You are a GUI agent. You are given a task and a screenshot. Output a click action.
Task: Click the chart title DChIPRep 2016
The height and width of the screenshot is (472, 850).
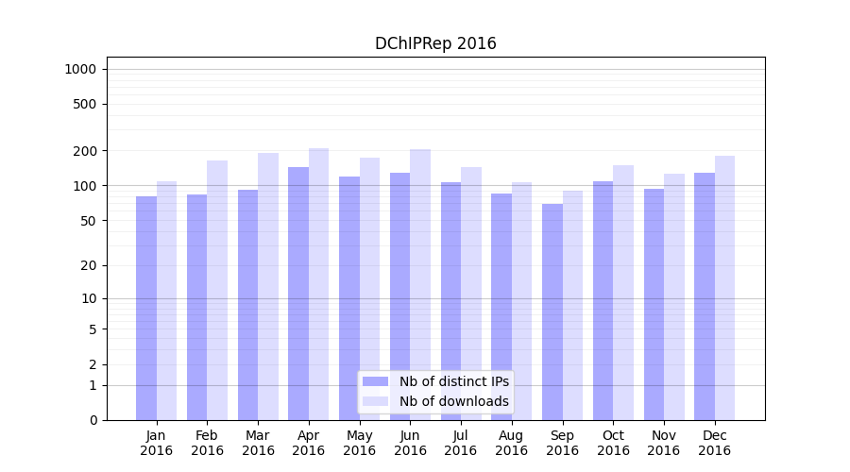click(x=435, y=43)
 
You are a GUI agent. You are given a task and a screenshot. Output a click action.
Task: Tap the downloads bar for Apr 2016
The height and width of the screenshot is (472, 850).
click(x=318, y=283)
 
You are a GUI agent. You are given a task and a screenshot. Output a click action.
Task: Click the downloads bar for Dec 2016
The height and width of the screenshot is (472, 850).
click(x=724, y=288)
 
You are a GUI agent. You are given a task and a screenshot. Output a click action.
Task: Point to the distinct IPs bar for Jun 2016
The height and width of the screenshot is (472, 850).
click(x=400, y=296)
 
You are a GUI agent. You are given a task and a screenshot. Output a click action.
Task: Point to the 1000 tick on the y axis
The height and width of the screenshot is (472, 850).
click(x=80, y=69)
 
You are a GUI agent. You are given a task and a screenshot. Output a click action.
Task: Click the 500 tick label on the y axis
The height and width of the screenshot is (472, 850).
click(x=86, y=104)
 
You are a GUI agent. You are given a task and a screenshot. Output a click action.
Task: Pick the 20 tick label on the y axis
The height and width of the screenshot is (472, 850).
click(x=89, y=265)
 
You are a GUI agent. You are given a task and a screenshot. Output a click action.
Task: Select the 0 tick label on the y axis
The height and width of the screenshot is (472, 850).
click(x=93, y=420)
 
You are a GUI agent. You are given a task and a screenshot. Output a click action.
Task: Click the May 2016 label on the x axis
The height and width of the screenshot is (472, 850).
click(x=359, y=443)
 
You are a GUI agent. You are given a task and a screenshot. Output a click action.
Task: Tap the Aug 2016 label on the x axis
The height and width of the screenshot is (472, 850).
click(x=512, y=443)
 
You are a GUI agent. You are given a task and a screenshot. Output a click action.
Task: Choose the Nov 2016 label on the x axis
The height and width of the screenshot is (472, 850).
click(x=664, y=443)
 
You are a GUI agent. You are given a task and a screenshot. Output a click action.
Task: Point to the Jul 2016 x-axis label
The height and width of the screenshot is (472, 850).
click(x=461, y=443)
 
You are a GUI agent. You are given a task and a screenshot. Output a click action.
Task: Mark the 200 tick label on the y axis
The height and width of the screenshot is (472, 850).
click(x=86, y=151)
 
